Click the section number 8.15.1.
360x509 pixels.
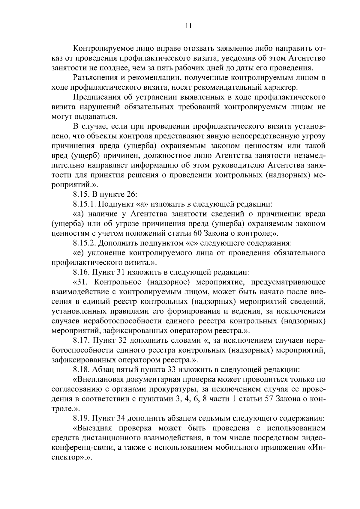coord(84,204)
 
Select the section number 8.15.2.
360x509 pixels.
coord(84,243)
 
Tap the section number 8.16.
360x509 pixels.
coord(81,272)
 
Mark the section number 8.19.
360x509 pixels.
coord(81,418)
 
